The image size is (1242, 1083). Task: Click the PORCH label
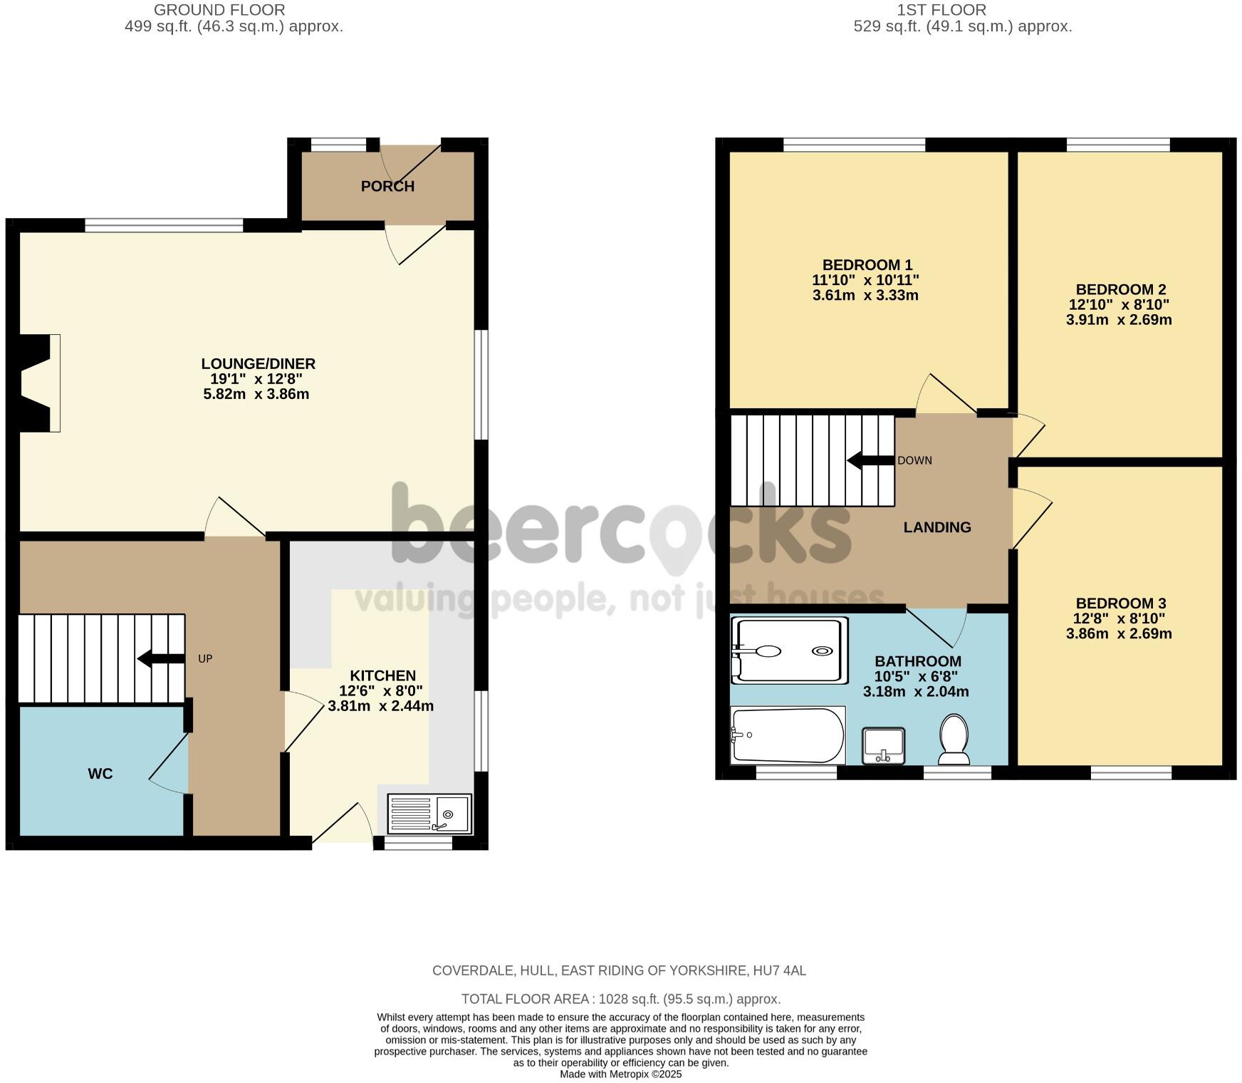pos(387,187)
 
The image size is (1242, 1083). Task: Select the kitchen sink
pos(429,814)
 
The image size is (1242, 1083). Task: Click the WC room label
pos(100,774)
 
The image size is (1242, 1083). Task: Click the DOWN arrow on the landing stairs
pos(870,460)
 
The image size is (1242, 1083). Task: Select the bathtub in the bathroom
pos(787,735)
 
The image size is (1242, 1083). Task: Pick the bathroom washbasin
pos(883,745)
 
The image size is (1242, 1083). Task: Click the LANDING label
pos(937,527)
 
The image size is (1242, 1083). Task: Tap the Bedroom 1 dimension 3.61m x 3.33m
pos(865,296)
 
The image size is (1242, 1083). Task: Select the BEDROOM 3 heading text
pos(1120,603)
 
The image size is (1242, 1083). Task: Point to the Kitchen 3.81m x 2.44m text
pos(380,707)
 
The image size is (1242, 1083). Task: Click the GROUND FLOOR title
pos(219,10)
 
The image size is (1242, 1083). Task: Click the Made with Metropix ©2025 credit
pos(620,1074)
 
